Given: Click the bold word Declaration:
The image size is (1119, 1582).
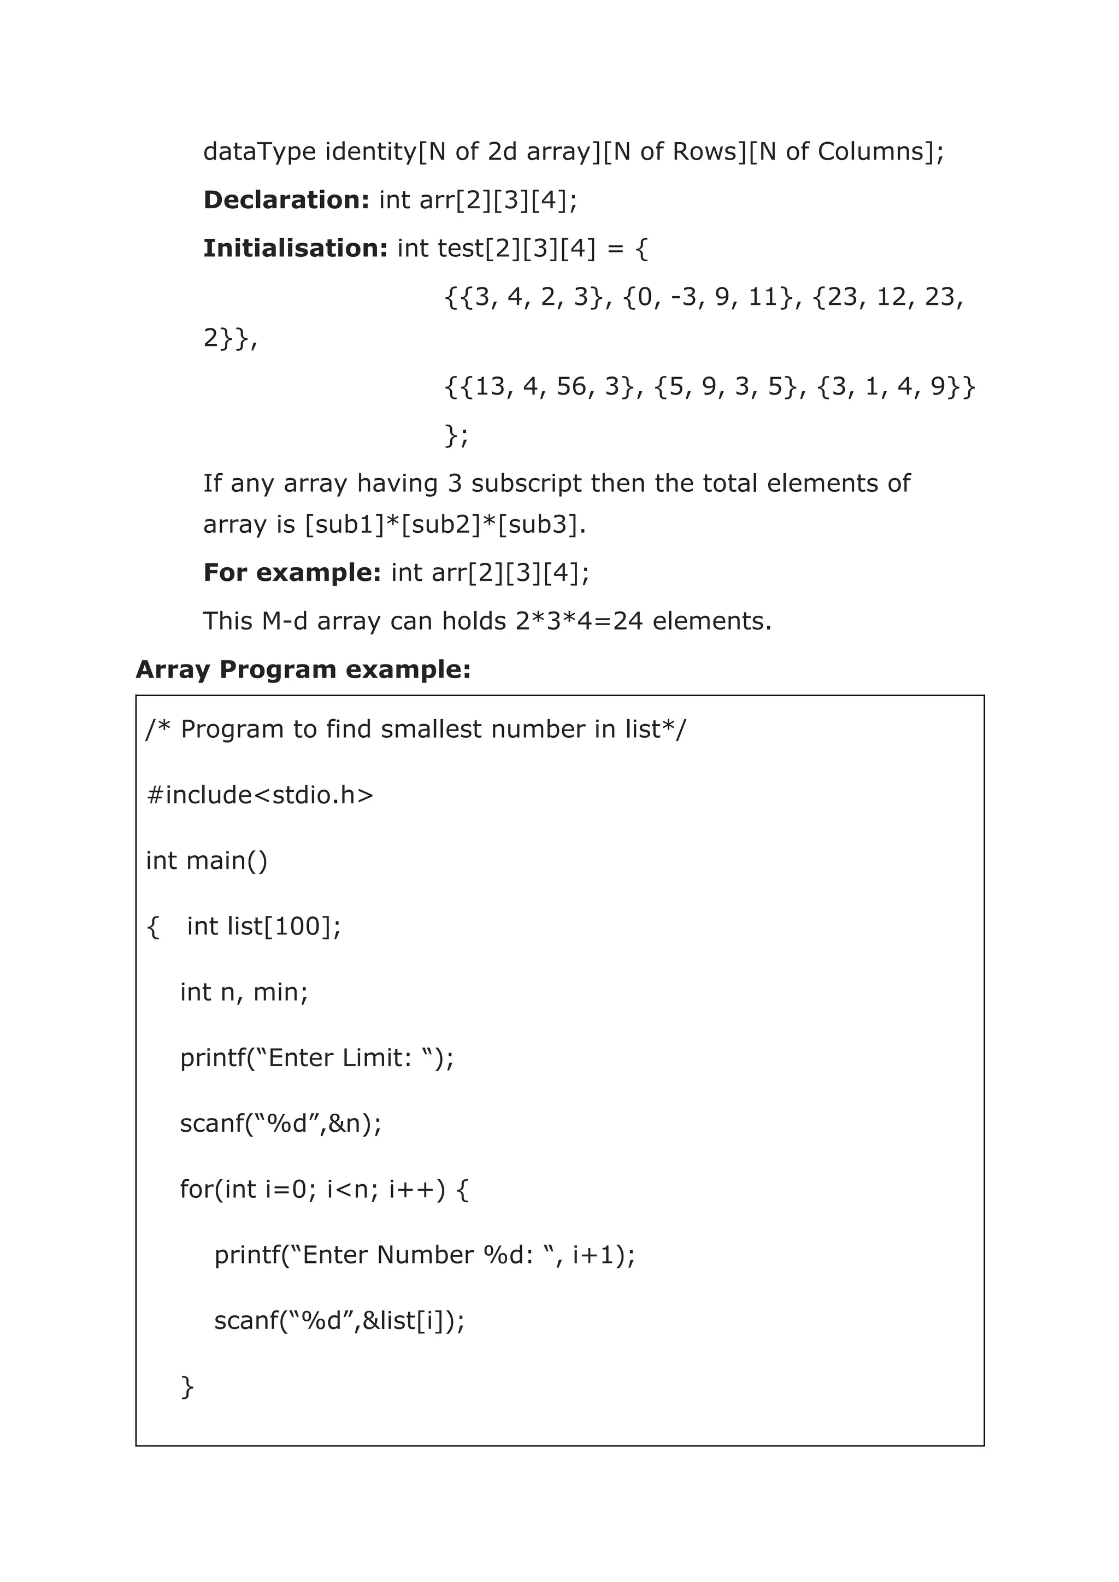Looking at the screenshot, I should [x=286, y=200].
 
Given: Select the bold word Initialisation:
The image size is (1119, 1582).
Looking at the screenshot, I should [x=296, y=248].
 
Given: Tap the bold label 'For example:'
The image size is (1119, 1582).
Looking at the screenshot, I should [x=291, y=573].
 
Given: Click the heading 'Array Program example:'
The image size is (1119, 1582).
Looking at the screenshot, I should [x=303, y=669].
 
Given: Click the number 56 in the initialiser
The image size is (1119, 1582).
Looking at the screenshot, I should [x=571, y=386].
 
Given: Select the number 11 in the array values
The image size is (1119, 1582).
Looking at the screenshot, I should [x=763, y=297].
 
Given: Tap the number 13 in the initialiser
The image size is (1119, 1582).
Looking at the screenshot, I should [x=490, y=386].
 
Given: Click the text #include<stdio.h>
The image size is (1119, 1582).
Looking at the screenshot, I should [x=260, y=795].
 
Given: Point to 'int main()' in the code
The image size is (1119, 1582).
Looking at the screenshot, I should [x=207, y=861].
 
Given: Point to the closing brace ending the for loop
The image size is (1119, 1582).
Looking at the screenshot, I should [x=187, y=1386].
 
